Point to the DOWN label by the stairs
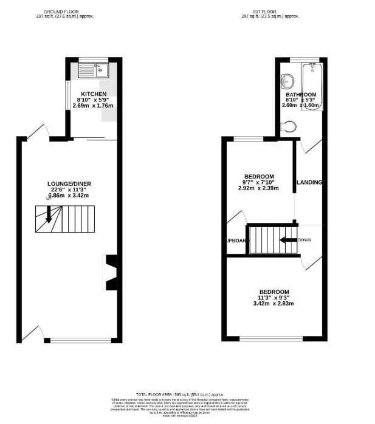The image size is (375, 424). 306,239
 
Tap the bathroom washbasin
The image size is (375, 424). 286,80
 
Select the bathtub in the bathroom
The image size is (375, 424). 313,85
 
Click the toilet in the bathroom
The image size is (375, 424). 291,126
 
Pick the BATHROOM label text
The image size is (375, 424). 301,95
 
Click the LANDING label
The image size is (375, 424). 309,182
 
